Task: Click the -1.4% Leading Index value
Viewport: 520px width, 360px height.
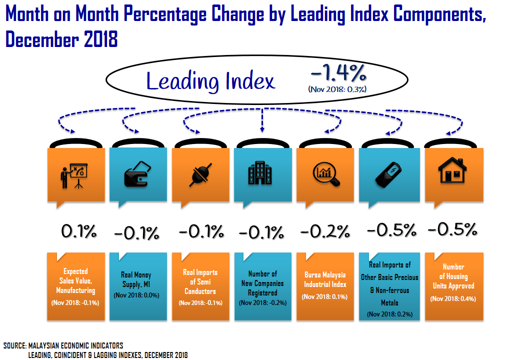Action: tap(338, 74)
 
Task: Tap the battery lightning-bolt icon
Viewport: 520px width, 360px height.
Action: tap(388, 173)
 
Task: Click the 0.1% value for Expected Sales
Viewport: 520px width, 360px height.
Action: tap(78, 231)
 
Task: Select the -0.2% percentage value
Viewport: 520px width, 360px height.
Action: tap(325, 231)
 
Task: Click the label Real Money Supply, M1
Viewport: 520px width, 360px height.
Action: tap(136, 279)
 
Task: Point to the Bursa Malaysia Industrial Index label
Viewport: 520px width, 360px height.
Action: tap(325, 279)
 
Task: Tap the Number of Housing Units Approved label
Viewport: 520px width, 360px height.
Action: tap(453, 276)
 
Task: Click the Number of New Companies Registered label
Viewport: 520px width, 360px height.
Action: tap(262, 283)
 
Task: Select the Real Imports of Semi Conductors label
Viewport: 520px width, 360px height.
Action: tap(200, 282)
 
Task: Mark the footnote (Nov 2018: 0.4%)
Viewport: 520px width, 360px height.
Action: tap(453, 298)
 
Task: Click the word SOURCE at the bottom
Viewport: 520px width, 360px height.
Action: tap(13, 345)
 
